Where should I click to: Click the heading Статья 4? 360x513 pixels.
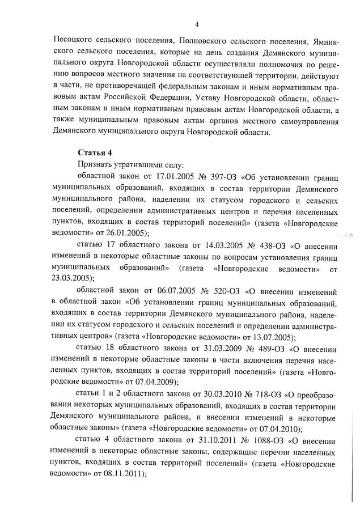93,151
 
